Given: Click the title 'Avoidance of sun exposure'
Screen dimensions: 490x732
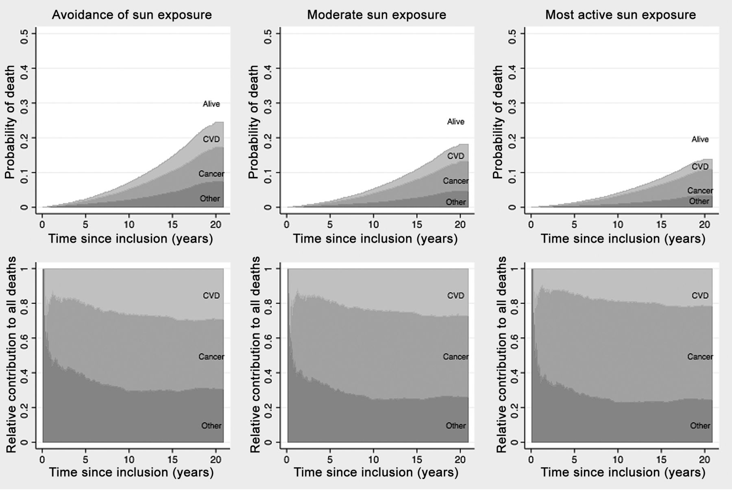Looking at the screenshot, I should (132, 15).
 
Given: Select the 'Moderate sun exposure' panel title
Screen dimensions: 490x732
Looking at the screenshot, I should (376, 15).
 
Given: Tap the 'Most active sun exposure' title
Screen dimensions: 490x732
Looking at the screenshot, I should (621, 15).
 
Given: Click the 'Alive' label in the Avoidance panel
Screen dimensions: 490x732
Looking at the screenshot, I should (211, 104).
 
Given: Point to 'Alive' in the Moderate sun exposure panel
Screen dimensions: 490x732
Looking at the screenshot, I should (455, 122).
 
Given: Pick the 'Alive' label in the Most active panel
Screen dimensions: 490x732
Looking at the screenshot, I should (700, 139).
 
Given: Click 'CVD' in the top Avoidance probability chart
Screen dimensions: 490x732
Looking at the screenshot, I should (211, 139).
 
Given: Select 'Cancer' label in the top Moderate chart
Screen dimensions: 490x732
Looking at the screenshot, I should (455, 181).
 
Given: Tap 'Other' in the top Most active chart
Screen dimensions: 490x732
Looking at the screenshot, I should (699, 201).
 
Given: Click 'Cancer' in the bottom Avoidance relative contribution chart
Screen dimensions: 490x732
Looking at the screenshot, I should (211, 357).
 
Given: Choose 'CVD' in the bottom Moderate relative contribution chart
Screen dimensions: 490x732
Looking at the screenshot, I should (455, 295).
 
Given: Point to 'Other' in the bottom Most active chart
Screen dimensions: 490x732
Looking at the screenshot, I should (700, 426).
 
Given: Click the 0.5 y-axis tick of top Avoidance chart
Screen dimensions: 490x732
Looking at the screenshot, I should (24, 33).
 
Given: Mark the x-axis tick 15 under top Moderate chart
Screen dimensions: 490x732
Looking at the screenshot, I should (417, 224).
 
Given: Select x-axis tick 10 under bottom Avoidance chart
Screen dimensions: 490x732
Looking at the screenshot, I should (129, 459).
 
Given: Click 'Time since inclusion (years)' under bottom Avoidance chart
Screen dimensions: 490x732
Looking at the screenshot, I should (131, 472).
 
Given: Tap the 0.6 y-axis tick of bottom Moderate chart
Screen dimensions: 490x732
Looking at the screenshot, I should (269, 338).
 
